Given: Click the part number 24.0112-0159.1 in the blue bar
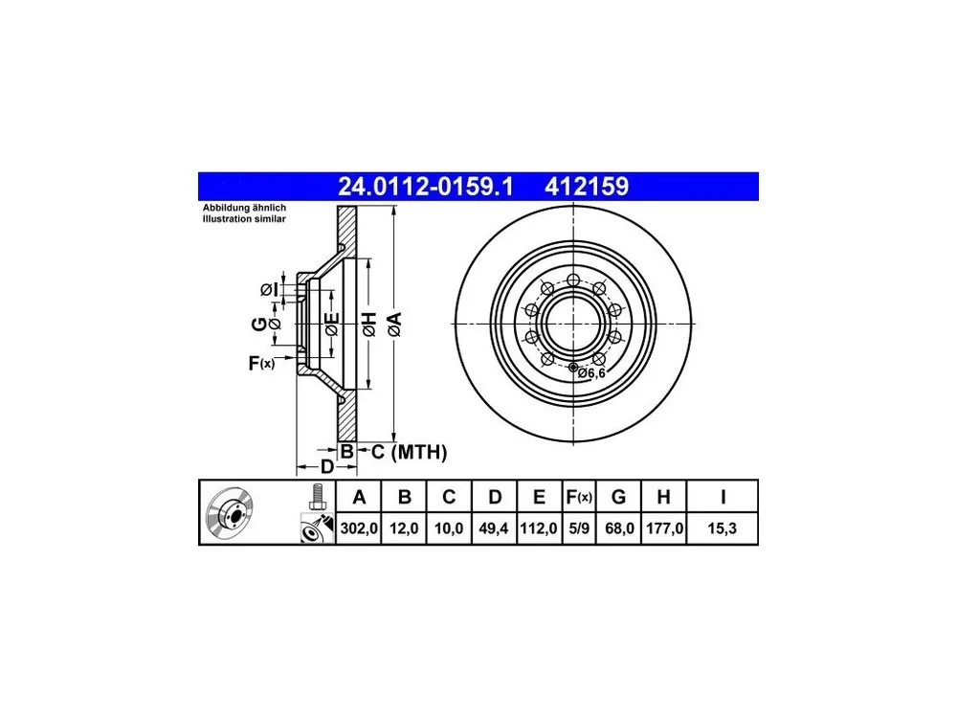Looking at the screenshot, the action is tap(426, 187).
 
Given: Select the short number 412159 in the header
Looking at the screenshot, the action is tap(587, 187).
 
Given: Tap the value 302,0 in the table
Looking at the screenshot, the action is tap(359, 528).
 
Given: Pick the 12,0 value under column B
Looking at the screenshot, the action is tap(404, 528).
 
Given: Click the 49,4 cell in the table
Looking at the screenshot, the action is tap(494, 528).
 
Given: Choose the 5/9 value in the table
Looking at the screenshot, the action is tap(579, 528).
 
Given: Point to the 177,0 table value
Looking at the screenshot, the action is tap(665, 528).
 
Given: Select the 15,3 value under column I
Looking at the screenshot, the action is tap(722, 528).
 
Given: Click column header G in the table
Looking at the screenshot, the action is tap(618, 497).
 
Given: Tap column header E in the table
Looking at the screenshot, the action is tap(539, 497).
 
